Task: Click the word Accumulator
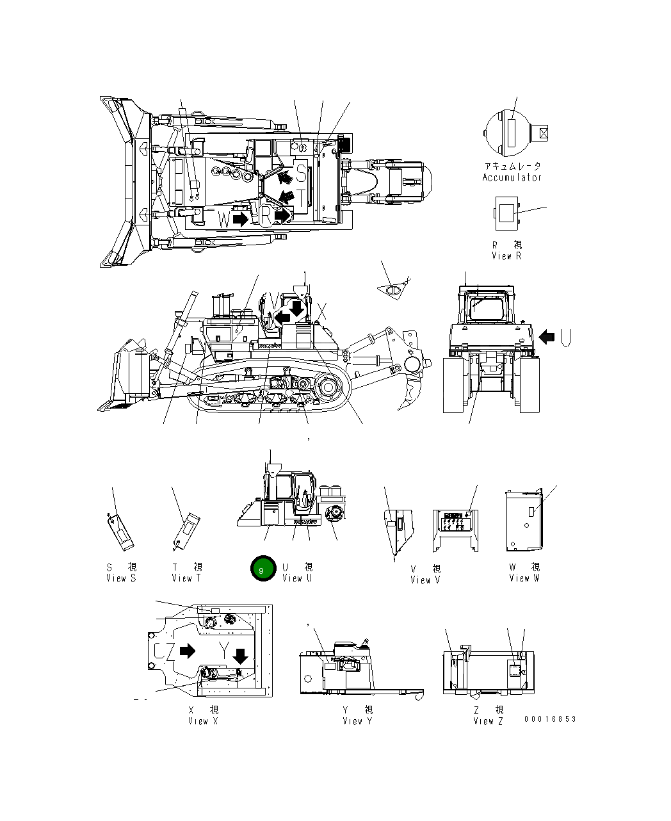pos(512,178)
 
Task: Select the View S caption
pos(121,578)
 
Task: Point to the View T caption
pos(186,578)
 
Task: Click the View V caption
pos(425,580)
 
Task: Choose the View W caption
pos(524,578)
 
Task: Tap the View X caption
pos(203,721)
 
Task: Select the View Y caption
pos(357,721)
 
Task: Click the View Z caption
pos(488,721)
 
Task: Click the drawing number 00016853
pos(550,719)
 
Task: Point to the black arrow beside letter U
pos(546,336)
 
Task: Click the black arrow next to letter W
pos(241,219)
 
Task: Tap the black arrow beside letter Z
pos(187,651)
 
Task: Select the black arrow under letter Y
pos(241,656)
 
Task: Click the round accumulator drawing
pos(510,134)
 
